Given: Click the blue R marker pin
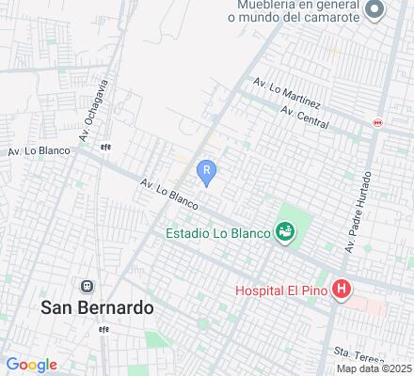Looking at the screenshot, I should coord(207,169).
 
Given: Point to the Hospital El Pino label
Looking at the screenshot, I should coord(281,290).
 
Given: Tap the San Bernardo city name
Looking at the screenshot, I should coord(97,307).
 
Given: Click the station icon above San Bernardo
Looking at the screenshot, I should coord(88,286).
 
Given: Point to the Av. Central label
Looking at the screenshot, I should coord(304,117).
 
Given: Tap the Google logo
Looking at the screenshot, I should coord(32,365).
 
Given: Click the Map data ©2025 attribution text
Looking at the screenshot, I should coord(374,368).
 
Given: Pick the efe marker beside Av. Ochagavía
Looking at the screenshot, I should coord(106,147).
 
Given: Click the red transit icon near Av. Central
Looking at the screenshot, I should coord(378,121).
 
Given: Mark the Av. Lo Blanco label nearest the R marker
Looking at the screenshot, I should coord(169,195).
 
